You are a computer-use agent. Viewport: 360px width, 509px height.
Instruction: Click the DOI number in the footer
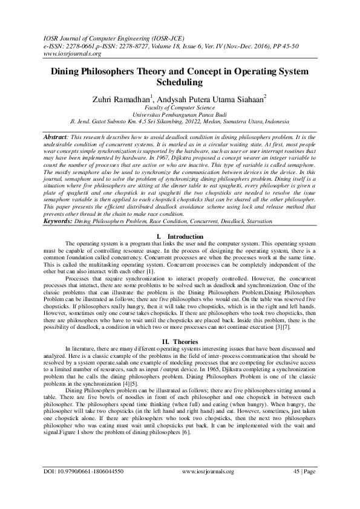click(x=83, y=487)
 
